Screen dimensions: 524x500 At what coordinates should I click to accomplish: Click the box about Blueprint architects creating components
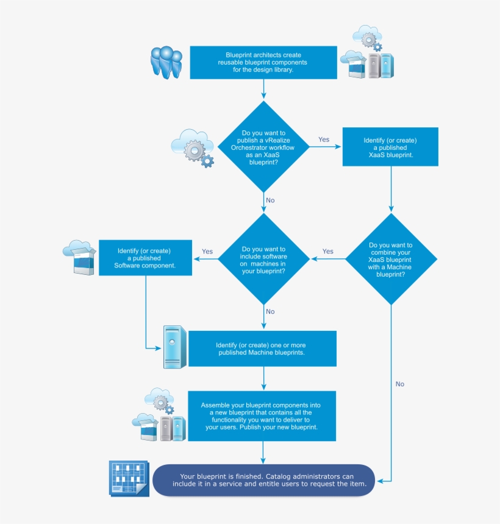point(263,62)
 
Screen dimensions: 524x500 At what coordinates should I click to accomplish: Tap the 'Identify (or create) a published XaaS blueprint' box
point(390,147)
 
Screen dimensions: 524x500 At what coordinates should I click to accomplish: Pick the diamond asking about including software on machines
point(263,259)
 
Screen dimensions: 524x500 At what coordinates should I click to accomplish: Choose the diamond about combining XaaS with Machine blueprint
point(390,259)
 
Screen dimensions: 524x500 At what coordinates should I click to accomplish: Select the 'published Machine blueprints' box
point(262,349)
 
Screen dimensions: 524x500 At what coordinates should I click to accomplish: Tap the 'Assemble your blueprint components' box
point(262,416)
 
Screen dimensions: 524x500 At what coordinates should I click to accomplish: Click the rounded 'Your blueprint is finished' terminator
point(263,480)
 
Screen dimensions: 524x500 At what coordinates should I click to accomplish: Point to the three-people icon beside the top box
point(166,62)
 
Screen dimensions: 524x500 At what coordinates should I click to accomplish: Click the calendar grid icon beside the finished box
point(128,478)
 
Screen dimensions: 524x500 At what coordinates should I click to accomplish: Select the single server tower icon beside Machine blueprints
point(174,347)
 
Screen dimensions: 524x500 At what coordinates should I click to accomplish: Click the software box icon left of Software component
point(80,257)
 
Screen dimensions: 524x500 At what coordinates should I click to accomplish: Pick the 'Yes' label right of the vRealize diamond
point(324,140)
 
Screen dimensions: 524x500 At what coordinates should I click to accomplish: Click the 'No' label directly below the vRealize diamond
point(270,200)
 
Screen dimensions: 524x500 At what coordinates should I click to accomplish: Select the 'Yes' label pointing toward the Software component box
point(207,251)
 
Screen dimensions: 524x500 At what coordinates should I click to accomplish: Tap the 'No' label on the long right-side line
point(400,384)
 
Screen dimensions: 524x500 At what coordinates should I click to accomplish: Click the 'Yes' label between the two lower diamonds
point(328,251)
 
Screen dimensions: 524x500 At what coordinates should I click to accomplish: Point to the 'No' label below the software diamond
point(270,311)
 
